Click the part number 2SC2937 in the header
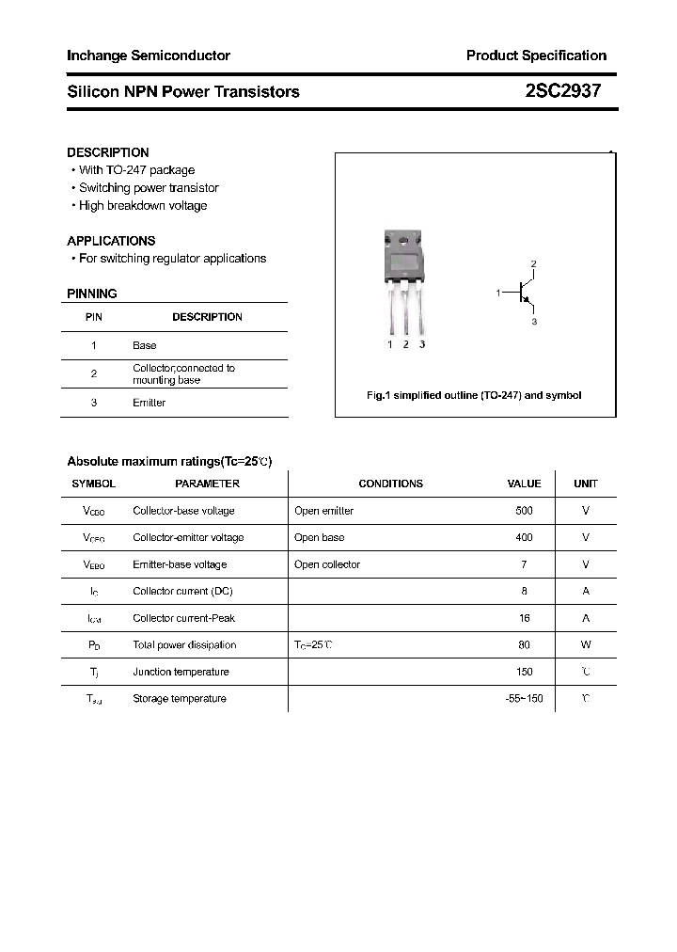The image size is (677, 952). tap(562, 91)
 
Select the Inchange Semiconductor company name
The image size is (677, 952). tap(149, 56)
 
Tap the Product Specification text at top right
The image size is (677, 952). tap(536, 56)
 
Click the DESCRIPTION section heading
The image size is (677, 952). tap(108, 152)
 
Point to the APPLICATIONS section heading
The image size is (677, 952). tap(111, 241)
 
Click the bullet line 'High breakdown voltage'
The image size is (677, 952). tap(142, 206)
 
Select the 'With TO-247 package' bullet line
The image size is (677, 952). tap(136, 170)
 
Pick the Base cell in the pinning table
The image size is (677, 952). tap(145, 346)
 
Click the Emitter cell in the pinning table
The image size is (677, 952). tap(149, 403)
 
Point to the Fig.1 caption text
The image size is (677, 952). tap(474, 395)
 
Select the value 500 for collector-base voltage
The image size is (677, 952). tap(524, 511)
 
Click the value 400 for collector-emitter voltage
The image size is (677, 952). tap(524, 538)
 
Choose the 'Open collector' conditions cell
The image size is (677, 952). tap(327, 564)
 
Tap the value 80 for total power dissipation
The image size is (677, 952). tap(524, 645)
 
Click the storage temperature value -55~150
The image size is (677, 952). tap(524, 699)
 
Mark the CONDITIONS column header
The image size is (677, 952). tap(390, 484)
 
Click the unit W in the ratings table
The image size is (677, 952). tap(586, 645)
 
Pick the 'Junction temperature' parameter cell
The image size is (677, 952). tap(181, 672)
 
